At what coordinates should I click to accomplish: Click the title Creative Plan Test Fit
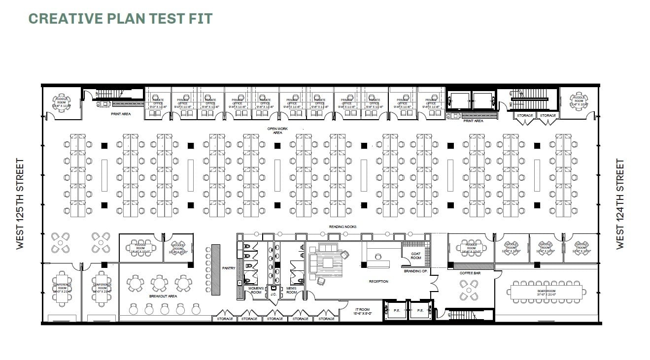pyautogui.click(x=120, y=19)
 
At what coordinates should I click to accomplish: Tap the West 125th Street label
pyautogui.click(x=20, y=203)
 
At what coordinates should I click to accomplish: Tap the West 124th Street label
pyautogui.click(x=620, y=203)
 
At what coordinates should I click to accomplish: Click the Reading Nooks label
pyautogui.click(x=342, y=227)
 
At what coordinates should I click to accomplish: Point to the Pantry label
pyautogui.click(x=229, y=268)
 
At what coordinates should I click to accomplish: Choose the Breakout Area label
pyautogui.click(x=163, y=296)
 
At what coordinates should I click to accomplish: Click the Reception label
pyautogui.click(x=378, y=282)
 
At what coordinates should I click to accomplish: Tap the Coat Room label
pyautogui.click(x=416, y=256)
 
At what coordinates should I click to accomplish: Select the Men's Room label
pyautogui.click(x=291, y=291)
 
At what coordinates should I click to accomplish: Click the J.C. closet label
pyautogui.click(x=274, y=295)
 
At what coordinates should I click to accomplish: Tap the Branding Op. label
pyautogui.click(x=415, y=271)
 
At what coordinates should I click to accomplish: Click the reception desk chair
pyautogui.click(x=378, y=256)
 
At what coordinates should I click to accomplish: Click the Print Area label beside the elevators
pyautogui.click(x=473, y=121)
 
